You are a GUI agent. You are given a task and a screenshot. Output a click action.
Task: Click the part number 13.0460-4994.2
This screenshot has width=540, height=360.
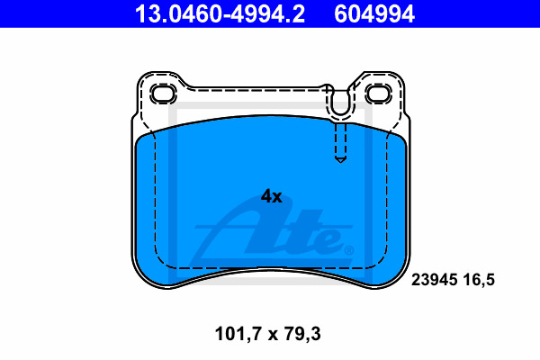pyautogui.click(x=220, y=14)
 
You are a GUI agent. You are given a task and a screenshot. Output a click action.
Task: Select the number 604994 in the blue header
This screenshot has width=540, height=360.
pyautogui.click(x=374, y=14)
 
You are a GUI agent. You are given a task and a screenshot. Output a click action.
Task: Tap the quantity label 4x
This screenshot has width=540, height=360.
pyautogui.click(x=272, y=197)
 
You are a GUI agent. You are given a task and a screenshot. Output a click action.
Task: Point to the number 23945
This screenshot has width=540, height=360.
pyautogui.click(x=435, y=279)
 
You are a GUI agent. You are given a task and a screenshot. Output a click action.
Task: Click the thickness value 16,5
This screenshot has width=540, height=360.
pyautogui.click(x=479, y=280)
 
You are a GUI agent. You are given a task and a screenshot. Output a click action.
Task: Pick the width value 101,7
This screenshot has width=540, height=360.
pyautogui.click(x=237, y=334)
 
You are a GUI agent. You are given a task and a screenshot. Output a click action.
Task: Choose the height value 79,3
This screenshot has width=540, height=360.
pyautogui.click(x=302, y=334)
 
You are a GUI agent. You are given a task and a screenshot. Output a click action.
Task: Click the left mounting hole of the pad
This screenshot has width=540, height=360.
pyautogui.click(x=164, y=94)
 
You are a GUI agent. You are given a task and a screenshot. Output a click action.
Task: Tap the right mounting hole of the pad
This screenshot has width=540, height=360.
pyautogui.click(x=379, y=94)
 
